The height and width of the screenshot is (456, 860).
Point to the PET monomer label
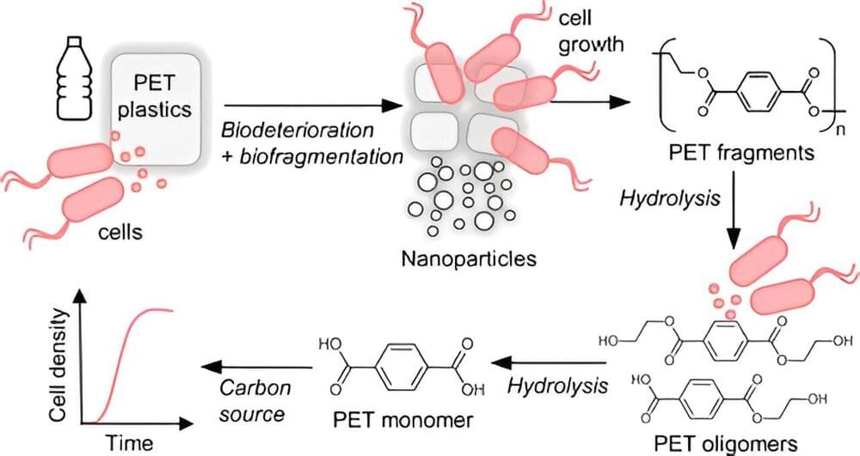click(x=402, y=422)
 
